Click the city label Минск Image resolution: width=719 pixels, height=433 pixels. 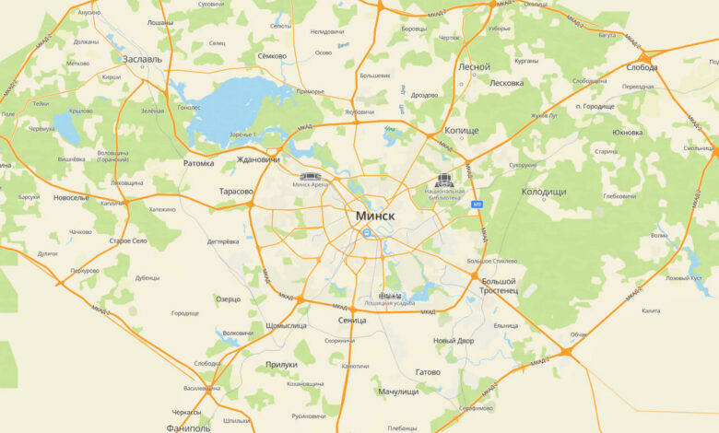pyautogui.click(x=374, y=215)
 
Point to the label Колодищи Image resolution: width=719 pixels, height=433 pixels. pyautogui.click(x=543, y=191)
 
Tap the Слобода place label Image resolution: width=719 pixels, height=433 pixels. pyautogui.click(x=642, y=67)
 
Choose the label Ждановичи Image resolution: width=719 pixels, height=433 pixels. pyautogui.click(x=258, y=159)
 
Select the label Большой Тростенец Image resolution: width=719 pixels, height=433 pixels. pyautogui.click(x=498, y=285)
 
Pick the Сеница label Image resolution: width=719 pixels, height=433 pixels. pyautogui.click(x=352, y=320)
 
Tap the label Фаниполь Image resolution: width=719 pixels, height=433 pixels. pyautogui.click(x=189, y=427)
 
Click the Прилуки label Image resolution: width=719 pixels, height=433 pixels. pyautogui.click(x=281, y=364)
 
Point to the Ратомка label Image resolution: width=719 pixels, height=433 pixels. pyautogui.click(x=198, y=163)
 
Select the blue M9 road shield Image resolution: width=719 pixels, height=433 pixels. pyautogui.click(x=477, y=205)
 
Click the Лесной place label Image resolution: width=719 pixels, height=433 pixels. pyautogui.click(x=474, y=67)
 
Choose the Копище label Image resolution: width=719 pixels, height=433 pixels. pyautogui.click(x=462, y=131)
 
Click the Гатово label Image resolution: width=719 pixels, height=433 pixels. pyautogui.click(x=428, y=372)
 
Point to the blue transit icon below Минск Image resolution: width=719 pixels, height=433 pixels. pyautogui.click(x=367, y=233)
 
